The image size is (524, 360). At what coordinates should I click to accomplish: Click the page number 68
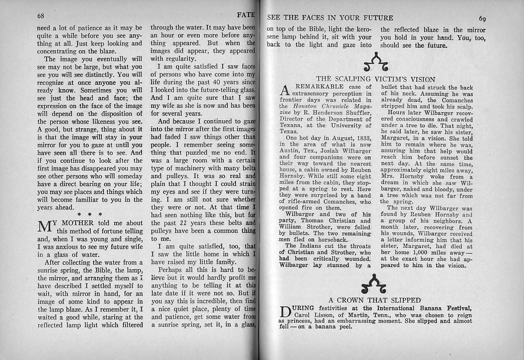[42, 16]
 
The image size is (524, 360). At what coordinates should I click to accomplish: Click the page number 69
[482, 19]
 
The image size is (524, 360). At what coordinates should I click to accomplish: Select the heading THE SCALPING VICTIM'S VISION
[375, 79]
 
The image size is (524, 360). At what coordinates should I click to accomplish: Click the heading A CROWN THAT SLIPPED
[375, 300]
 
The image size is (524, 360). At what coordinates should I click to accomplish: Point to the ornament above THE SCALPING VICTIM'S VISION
[375, 62]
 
